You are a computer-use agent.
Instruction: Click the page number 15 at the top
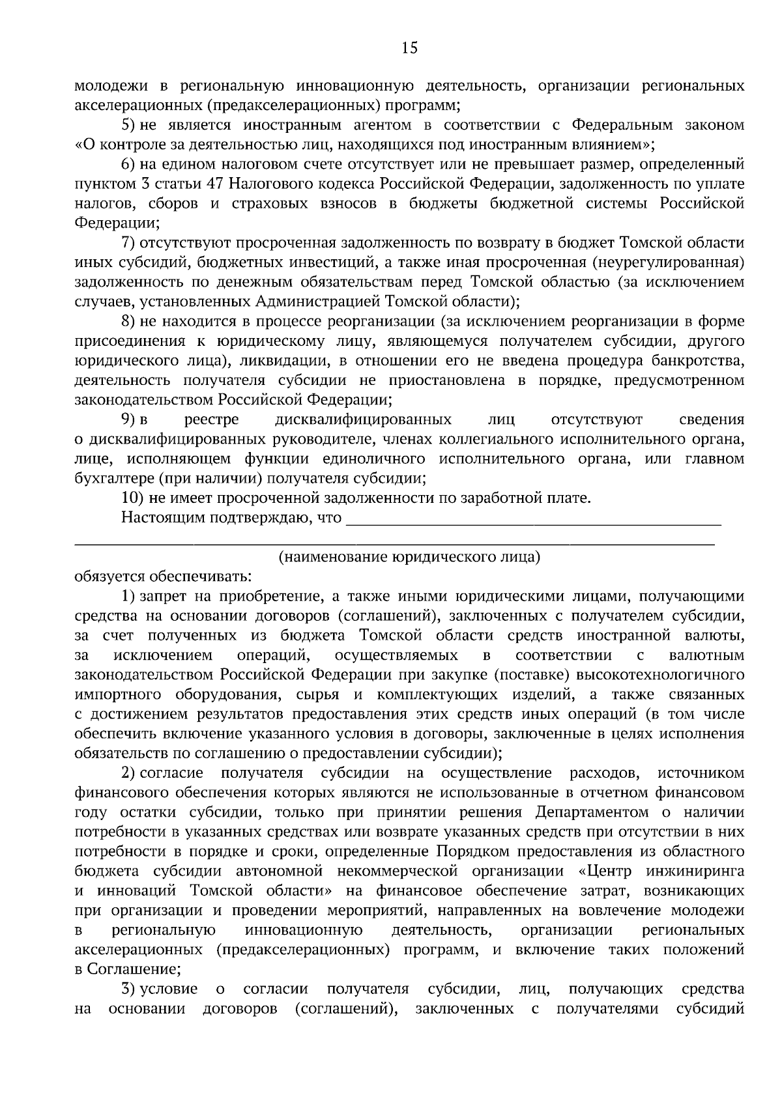pos(409,47)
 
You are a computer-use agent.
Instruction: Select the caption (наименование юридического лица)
pos(409,557)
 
